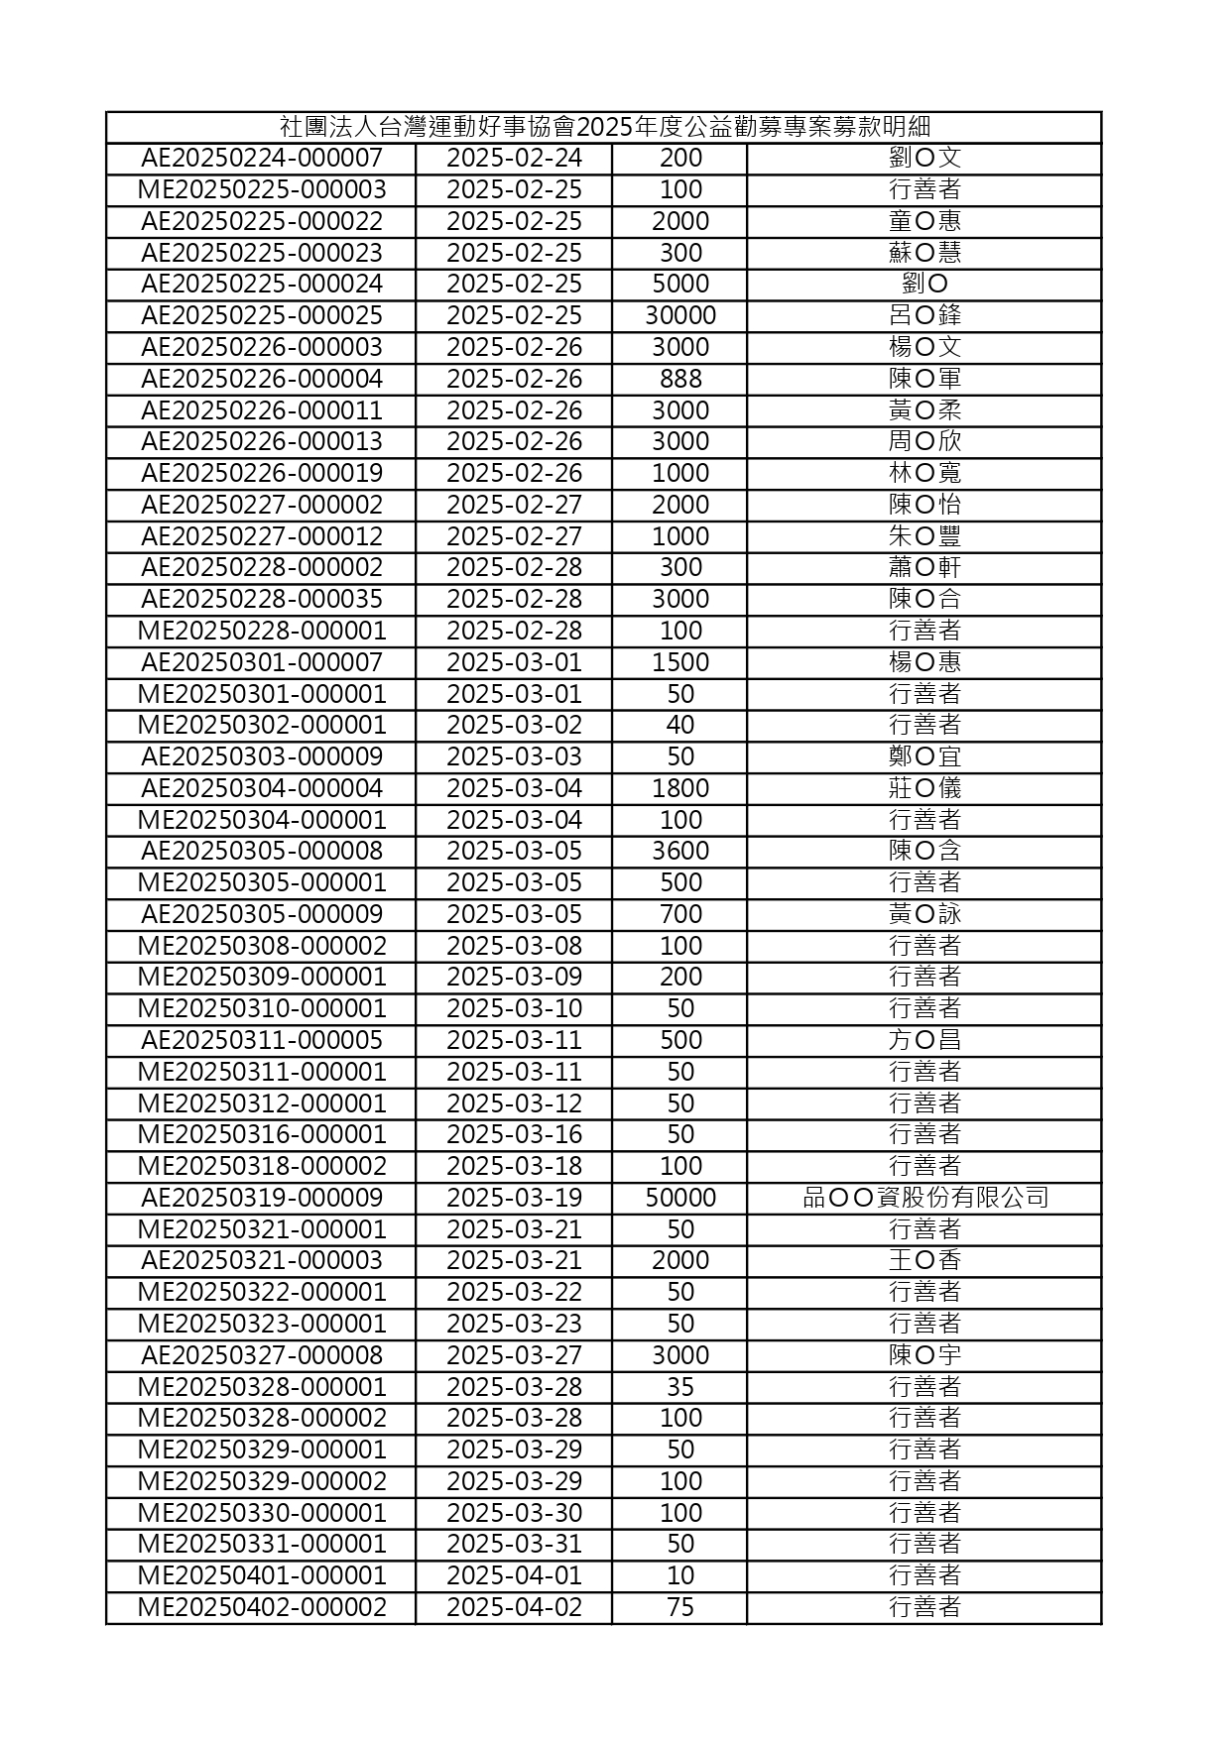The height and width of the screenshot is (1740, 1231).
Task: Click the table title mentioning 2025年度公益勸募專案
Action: [604, 127]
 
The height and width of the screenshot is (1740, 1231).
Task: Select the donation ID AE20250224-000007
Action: [262, 159]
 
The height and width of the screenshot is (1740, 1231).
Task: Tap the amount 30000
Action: [680, 316]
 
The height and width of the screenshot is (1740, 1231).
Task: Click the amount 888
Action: [680, 379]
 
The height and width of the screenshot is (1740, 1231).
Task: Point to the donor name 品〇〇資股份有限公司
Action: [924, 1198]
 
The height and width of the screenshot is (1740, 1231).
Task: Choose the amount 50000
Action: [680, 1198]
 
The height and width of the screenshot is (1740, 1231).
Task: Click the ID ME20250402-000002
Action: [262, 1607]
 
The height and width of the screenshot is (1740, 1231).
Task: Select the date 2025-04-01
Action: [514, 1575]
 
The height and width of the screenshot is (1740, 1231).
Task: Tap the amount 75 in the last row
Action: [680, 1607]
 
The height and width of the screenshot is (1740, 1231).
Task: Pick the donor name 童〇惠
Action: [924, 221]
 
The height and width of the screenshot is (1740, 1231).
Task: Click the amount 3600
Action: [680, 851]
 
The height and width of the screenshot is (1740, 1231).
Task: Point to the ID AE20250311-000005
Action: [262, 1040]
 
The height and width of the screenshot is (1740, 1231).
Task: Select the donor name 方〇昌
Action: [924, 1040]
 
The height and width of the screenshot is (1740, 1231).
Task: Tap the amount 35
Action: [680, 1386]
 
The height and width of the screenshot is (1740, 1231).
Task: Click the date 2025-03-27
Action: [514, 1355]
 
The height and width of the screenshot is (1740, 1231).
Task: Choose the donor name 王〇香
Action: [924, 1260]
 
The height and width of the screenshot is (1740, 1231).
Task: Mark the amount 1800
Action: [680, 788]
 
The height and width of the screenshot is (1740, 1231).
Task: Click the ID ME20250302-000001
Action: [262, 725]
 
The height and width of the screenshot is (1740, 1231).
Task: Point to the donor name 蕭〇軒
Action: [924, 567]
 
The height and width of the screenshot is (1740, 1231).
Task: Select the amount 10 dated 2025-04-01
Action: [680, 1575]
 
